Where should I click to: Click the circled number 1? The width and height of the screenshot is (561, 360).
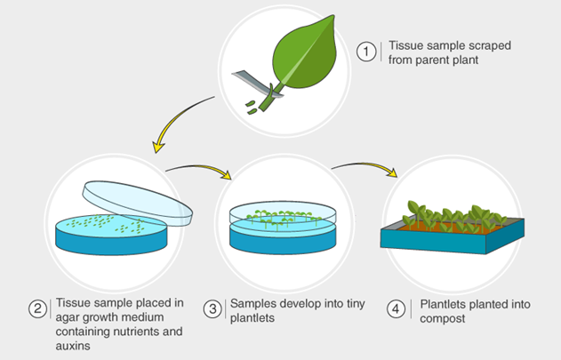(366, 52)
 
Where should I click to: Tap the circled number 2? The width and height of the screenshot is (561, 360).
(38, 308)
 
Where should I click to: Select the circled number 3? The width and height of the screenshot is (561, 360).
(212, 309)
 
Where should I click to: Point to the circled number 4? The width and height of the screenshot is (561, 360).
(396, 309)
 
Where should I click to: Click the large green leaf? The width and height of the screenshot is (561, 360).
(304, 55)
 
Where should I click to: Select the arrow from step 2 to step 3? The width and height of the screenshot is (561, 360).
(200, 167)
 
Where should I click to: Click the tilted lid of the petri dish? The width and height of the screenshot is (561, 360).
(138, 203)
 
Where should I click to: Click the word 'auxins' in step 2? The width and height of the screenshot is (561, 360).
(73, 346)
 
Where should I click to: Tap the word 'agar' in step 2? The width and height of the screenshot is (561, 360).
(68, 318)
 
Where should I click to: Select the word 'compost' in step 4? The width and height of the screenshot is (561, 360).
(442, 319)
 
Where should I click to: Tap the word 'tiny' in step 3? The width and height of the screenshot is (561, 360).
(356, 304)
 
